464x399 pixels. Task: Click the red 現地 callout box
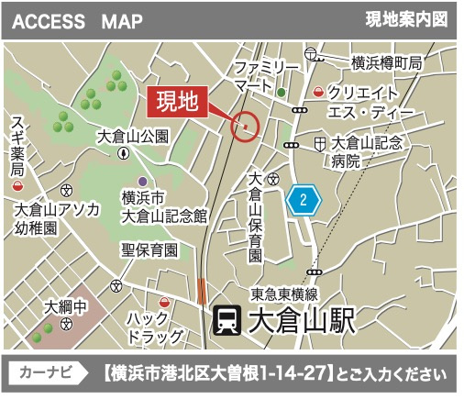coord(178,102)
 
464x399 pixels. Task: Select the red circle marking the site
coord(245,125)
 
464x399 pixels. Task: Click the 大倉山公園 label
coord(134,136)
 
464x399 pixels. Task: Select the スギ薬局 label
coord(17,148)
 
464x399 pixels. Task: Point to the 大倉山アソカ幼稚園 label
coord(56,217)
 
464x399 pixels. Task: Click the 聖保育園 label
coord(151,249)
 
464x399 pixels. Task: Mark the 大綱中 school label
coord(66,306)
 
